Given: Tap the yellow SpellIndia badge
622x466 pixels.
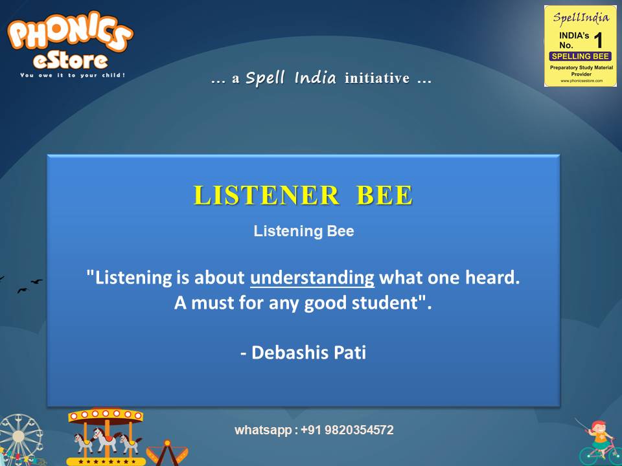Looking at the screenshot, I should pyautogui.click(x=581, y=45).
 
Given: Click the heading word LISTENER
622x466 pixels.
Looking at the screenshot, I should pyautogui.click(x=266, y=195).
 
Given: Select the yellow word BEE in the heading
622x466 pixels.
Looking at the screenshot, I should pyautogui.click(x=384, y=195).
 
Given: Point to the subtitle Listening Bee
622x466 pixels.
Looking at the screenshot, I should pyautogui.click(x=304, y=231).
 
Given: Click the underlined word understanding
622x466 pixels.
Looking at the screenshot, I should pyautogui.click(x=312, y=278).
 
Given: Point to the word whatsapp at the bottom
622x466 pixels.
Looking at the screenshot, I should pyautogui.click(x=263, y=430).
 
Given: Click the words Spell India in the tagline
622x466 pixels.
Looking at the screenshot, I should pyautogui.click(x=291, y=79).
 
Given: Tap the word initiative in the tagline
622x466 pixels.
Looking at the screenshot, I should pyautogui.click(x=377, y=79).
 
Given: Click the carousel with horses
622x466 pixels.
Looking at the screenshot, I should pyautogui.click(x=105, y=435).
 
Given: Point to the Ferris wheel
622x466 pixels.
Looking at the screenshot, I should pyautogui.click(x=19, y=440).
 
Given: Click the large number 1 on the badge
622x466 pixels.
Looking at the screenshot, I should pyautogui.click(x=597, y=40).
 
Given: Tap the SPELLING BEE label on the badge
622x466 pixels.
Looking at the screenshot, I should pyautogui.click(x=581, y=56).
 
